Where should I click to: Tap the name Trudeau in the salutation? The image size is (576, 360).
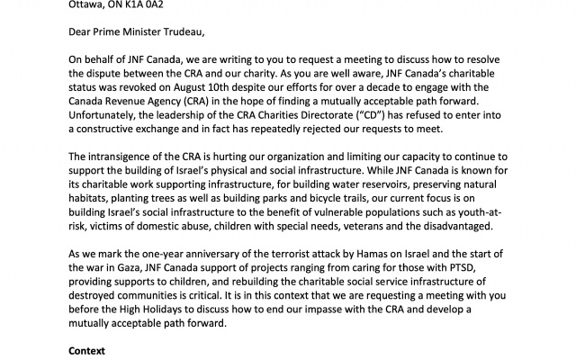180,33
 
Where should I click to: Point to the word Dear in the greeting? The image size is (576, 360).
83,33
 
